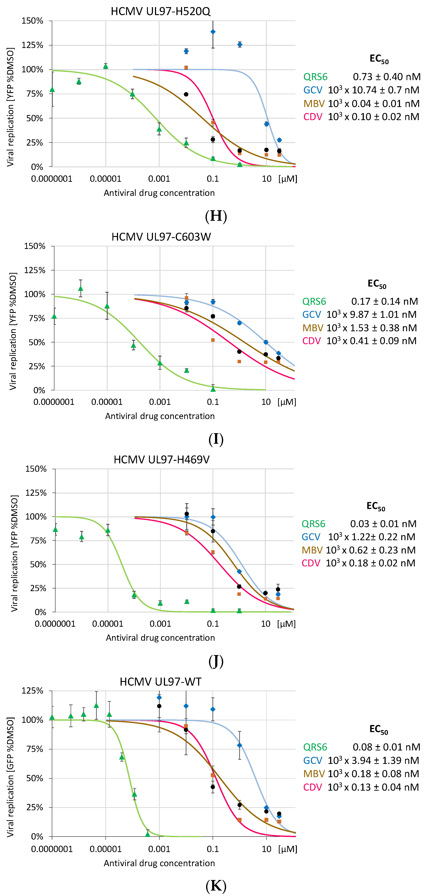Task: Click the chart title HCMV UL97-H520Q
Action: click(160, 11)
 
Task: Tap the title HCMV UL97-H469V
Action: click(162, 460)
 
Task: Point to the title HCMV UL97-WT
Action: click(160, 682)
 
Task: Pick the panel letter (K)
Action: click(216, 886)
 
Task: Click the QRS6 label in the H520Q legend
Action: click(315, 77)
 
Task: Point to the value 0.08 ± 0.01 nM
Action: click(386, 747)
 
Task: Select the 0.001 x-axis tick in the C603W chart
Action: click(160, 402)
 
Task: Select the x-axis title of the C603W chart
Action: click(160, 416)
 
